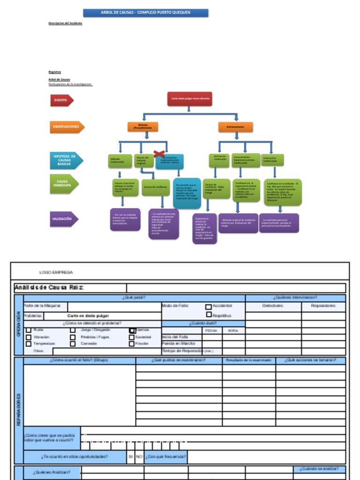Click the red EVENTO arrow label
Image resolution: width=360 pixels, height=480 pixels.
click(61, 100)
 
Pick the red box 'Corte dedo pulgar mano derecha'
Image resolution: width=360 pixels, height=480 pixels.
click(190, 99)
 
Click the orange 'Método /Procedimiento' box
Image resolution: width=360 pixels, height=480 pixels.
click(142, 127)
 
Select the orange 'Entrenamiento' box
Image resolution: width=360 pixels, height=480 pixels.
click(235, 127)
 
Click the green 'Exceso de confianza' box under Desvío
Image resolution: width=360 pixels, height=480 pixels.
click(155, 187)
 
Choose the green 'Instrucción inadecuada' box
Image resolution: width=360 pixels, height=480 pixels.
click(272, 160)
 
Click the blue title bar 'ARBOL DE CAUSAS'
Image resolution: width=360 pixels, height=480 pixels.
click(146, 13)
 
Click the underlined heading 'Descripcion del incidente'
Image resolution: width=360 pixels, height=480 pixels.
click(65, 23)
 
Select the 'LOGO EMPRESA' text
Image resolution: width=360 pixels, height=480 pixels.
click(56, 272)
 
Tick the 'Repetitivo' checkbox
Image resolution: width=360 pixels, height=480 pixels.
click(209, 315)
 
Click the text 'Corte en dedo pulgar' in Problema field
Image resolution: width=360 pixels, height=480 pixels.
click(85, 316)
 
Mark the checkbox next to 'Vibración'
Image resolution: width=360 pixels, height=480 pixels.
click(29, 337)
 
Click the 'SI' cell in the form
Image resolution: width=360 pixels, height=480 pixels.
click(131, 457)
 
